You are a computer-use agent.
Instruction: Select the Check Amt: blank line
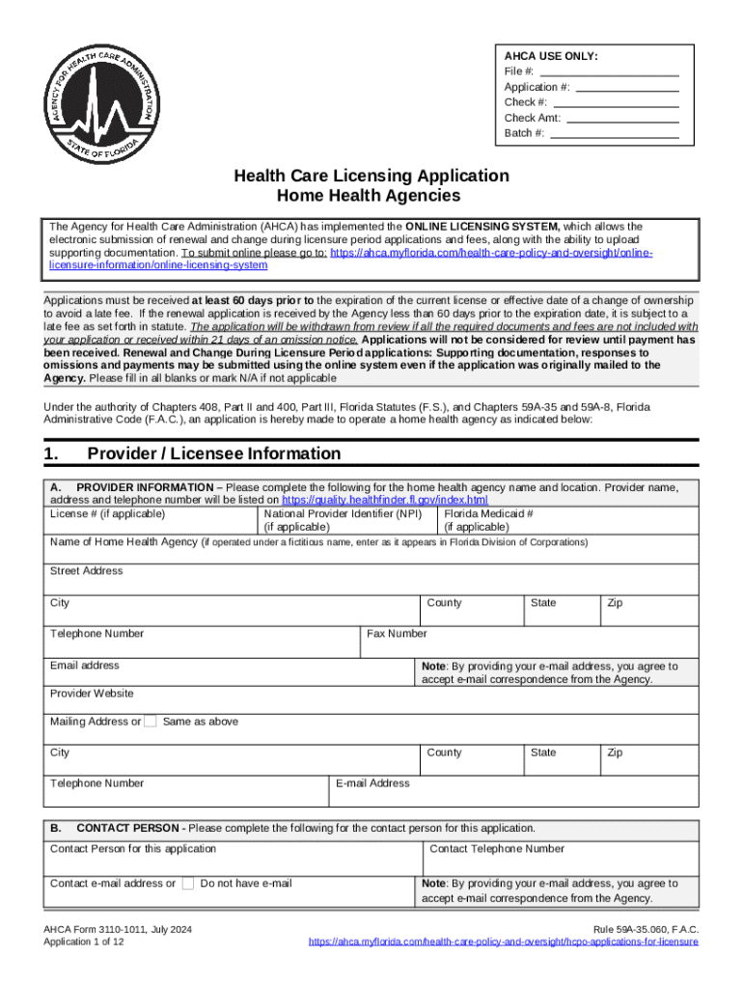click(621, 119)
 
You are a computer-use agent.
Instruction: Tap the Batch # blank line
click(613, 134)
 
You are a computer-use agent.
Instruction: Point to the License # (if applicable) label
click(107, 514)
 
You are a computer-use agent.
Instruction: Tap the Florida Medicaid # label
click(488, 514)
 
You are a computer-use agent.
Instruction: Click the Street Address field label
click(86, 571)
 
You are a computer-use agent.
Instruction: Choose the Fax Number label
click(397, 634)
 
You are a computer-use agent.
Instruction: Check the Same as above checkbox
click(151, 722)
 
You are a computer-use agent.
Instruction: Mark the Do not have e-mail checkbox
click(188, 884)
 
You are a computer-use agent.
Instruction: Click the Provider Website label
click(92, 694)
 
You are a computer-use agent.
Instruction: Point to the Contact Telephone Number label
click(497, 849)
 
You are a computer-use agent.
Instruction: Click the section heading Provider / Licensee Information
click(213, 453)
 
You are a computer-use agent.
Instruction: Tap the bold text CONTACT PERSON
click(127, 828)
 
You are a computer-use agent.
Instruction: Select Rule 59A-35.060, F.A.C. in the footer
click(646, 929)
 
